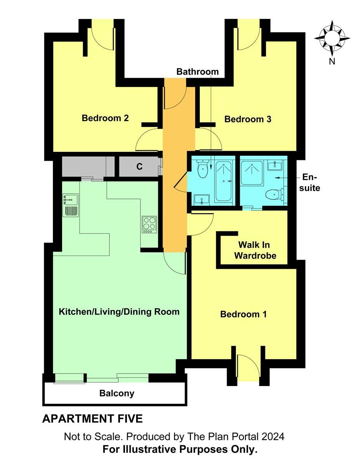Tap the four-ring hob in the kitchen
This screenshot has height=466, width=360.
[149, 224]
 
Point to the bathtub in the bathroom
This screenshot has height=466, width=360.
[223, 181]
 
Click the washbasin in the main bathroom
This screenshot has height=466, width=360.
[201, 199]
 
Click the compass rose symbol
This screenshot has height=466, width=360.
[332, 38]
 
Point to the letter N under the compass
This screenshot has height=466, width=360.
[332, 61]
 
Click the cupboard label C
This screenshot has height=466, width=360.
[139, 167]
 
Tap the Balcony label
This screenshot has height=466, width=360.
[117, 393]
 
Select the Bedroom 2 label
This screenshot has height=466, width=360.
[105, 118]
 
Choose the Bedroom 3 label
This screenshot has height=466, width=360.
[248, 119]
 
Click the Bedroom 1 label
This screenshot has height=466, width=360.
[243, 314]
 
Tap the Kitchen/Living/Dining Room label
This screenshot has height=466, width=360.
[119, 311]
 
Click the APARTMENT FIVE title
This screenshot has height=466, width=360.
[92, 419]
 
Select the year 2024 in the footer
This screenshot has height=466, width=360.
[273, 436]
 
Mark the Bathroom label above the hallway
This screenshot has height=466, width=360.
[197, 72]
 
